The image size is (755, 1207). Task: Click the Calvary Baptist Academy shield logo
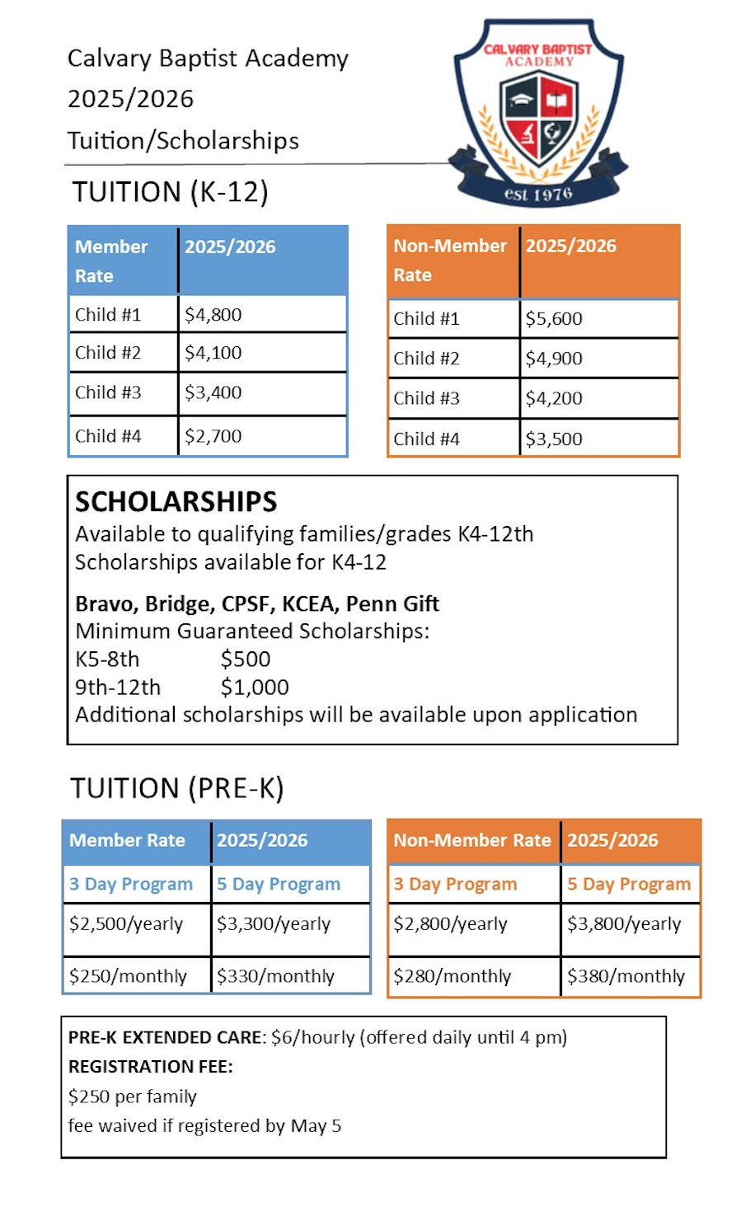tap(539, 111)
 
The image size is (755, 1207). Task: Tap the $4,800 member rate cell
tap(213, 315)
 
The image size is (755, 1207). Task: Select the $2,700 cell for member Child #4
tap(213, 436)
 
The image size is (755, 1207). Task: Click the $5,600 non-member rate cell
tap(554, 319)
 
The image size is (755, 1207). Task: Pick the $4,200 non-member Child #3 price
tap(554, 398)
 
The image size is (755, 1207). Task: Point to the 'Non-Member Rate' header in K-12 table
tap(450, 261)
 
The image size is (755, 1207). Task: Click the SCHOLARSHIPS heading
tap(176, 501)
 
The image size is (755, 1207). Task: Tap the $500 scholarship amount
tap(246, 660)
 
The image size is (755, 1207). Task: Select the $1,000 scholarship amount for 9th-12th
tap(255, 688)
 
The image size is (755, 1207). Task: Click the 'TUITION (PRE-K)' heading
tap(177, 788)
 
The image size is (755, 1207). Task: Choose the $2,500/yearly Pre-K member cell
tap(126, 924)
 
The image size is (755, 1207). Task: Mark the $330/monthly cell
tap(275, 976)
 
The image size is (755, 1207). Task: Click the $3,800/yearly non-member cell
tap(624, 924)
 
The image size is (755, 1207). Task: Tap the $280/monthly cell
tap(453, 976)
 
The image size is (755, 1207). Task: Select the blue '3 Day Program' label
tap(131, 885)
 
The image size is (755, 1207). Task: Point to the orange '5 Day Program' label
tap(629, 885)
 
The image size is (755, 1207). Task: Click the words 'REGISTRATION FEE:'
tap(151, 1067)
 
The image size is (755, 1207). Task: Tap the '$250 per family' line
tap(133, 1097)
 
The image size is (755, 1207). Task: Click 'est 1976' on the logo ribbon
tap(538, 195)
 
